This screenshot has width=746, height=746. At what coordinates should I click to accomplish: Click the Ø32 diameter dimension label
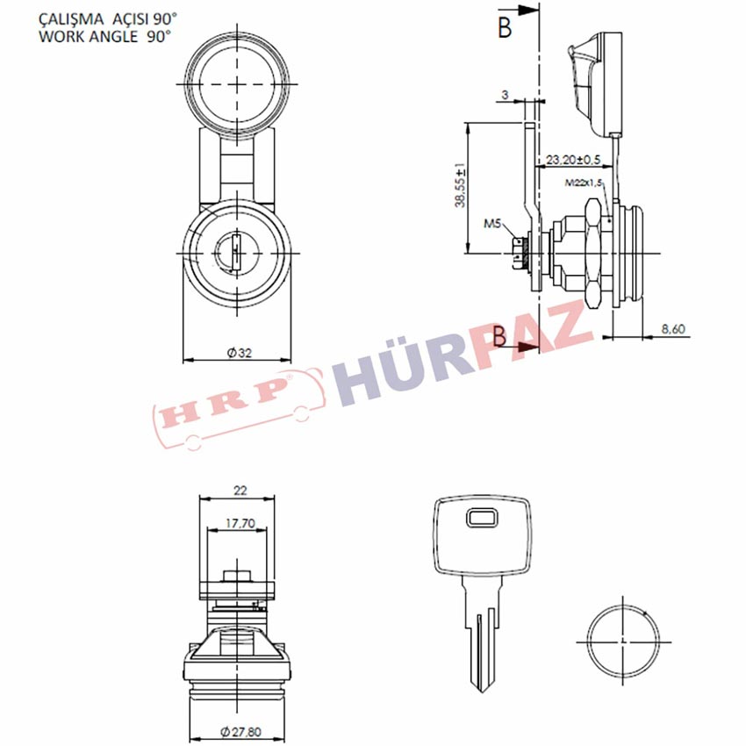pyautogui.click(x=240, y=353)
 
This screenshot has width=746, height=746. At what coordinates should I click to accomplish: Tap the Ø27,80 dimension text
pyautogui.click(x=241, y=732)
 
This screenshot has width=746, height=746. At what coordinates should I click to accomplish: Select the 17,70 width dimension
pyautogui.click(x=240, y=524)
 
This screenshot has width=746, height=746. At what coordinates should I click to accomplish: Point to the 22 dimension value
pyautogui.click(x=240, y=491)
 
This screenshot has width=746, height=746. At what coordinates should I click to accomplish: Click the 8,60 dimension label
pyautogui.click(x=674, y=329)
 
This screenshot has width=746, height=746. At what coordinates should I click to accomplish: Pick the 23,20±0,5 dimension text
pyautogui.click(x=573, y=160)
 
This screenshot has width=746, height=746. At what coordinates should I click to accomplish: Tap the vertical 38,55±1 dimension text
pyautogui.click(x=461, y=186)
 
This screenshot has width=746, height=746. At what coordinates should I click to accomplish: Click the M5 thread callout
pyautogui.click(x=493, y=223)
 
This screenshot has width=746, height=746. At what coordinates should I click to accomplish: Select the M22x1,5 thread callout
pyautogui.click(x=584, y=183)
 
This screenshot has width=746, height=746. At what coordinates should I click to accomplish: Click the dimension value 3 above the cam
pyautogui.click(x=505, y=95)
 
